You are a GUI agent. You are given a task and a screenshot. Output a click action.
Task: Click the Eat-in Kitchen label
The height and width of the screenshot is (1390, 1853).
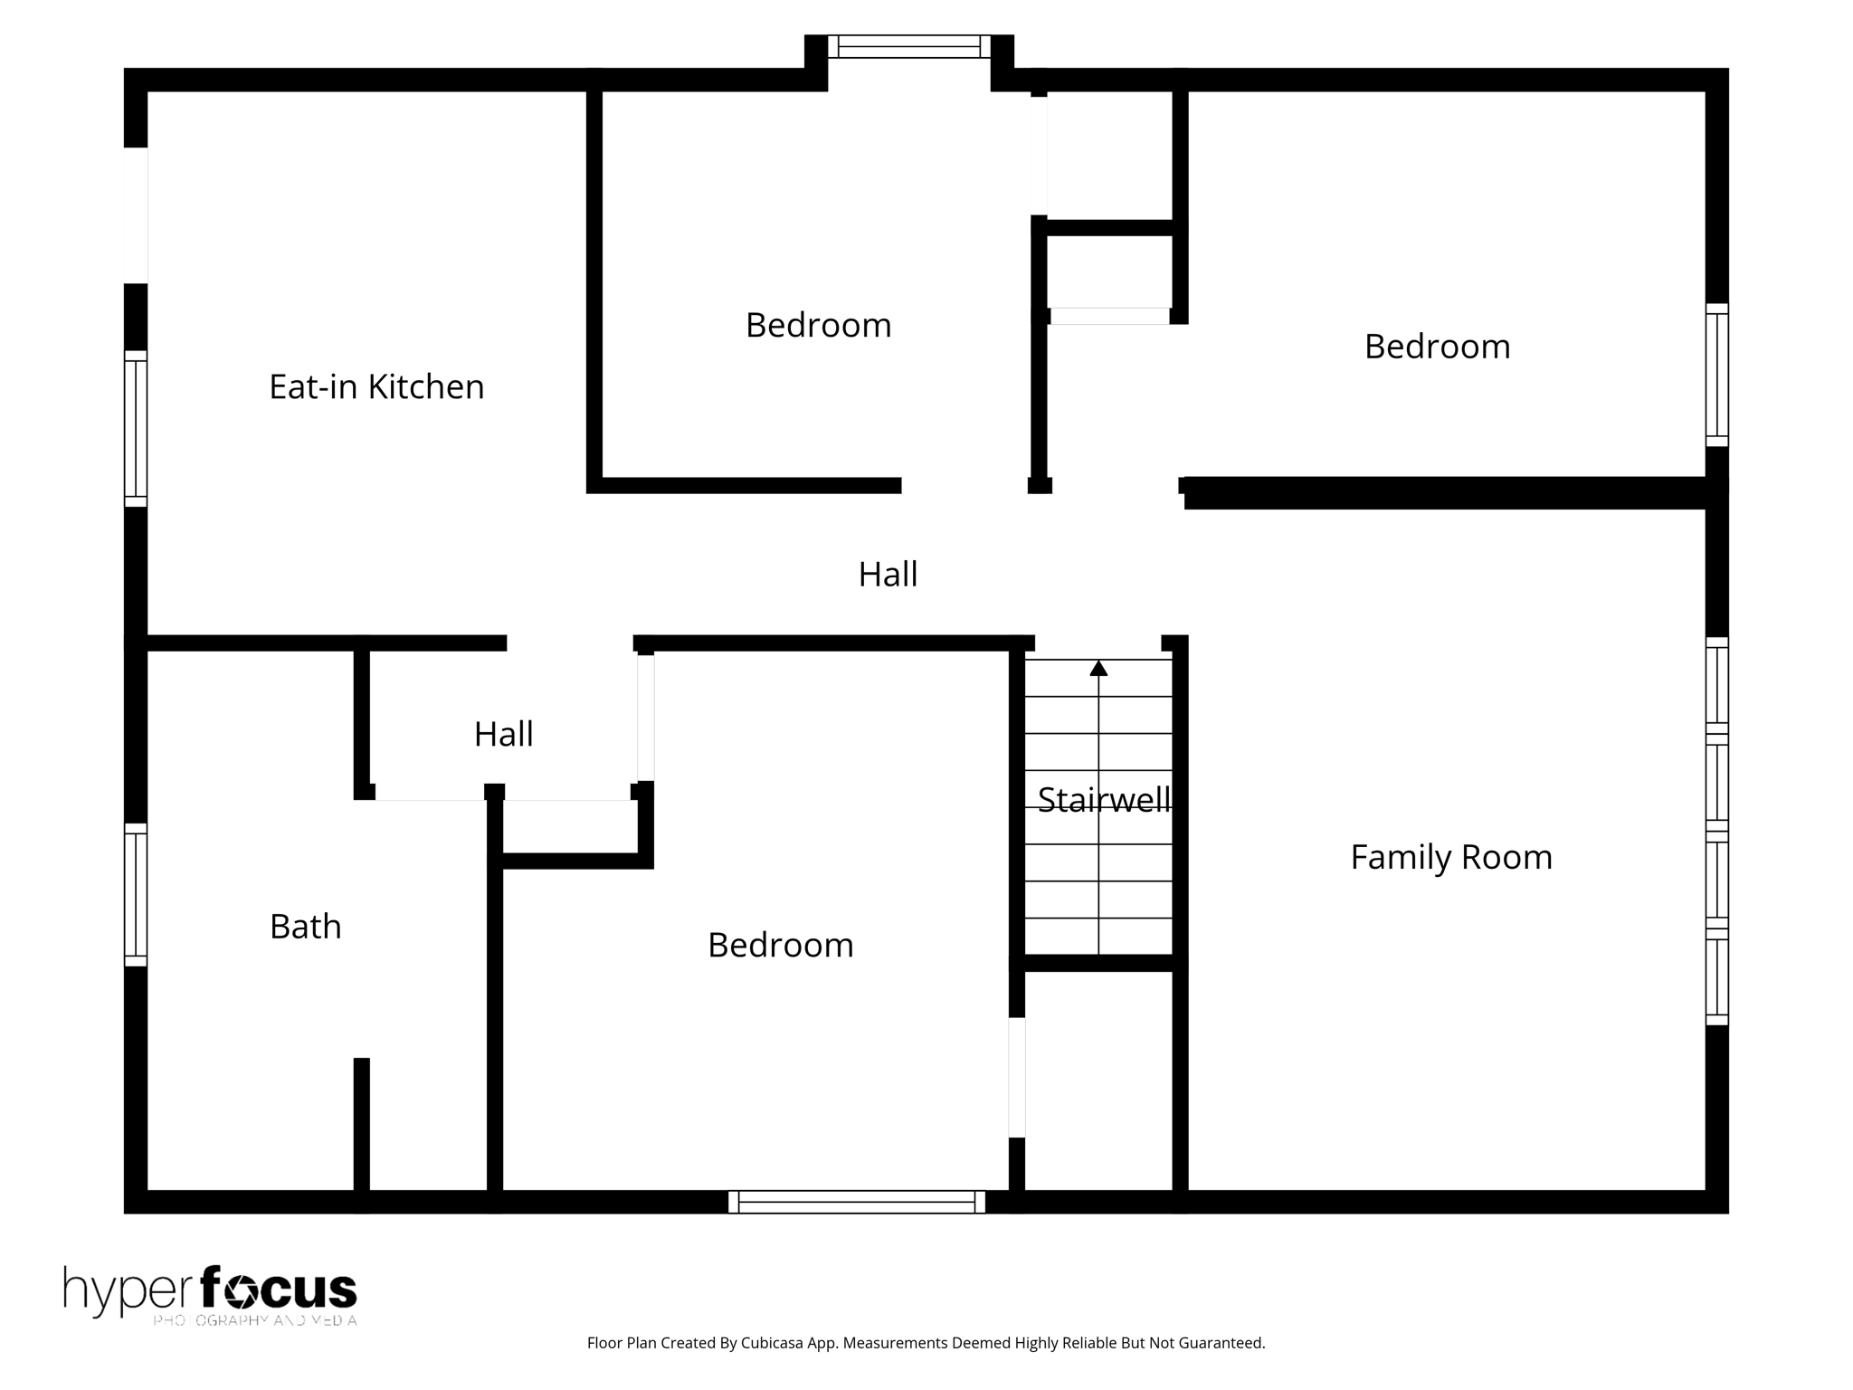[376, 387]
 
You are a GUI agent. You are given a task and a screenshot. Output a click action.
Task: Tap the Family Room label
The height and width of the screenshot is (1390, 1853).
[1450, 857]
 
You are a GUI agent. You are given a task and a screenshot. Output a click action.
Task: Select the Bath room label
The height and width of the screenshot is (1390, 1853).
[306, 927]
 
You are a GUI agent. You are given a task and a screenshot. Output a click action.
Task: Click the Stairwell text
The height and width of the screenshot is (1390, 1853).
[1103, 800]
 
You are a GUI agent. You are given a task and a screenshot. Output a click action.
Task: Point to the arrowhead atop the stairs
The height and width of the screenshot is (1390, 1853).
[1098, 669]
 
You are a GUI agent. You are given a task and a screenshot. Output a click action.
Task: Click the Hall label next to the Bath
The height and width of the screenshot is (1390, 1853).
[503, 734]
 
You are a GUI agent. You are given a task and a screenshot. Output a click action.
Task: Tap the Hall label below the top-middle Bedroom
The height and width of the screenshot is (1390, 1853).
[888, 575]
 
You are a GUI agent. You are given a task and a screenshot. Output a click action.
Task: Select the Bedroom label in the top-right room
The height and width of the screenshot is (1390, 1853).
[1437, 347]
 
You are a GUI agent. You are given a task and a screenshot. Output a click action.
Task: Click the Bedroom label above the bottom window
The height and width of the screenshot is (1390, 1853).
[780, 946]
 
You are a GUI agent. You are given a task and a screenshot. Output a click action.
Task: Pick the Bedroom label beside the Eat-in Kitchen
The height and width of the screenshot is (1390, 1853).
[818, 326]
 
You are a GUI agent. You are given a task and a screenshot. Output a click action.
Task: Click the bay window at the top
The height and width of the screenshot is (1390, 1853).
[908, 46]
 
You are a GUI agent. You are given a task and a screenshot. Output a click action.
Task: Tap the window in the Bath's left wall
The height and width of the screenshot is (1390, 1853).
[136, 894]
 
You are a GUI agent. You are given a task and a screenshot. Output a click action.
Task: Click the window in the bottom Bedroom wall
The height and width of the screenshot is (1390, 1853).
[856, 1202]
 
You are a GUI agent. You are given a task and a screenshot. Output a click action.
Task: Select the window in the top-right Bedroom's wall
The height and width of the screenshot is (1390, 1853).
[1716, 375]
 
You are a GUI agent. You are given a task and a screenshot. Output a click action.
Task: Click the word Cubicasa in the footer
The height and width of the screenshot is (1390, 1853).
[774, 1343]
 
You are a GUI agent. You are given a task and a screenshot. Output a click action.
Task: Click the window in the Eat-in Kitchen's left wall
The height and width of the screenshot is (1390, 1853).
[136, 428]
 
